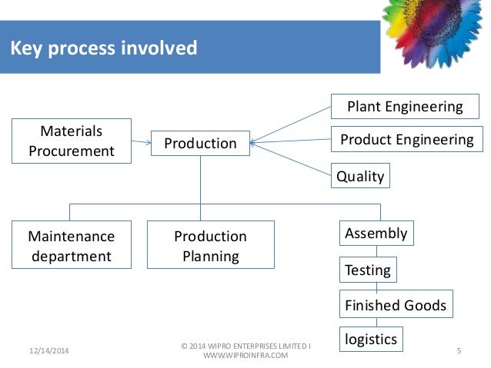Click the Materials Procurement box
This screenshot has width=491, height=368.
[71, 141]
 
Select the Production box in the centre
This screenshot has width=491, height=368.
[200, 143]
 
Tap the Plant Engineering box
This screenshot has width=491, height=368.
[405, 106]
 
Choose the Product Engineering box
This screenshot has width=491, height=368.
[406, 139]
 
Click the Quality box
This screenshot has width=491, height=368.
[360, 176]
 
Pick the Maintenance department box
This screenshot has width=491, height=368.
[71, 245]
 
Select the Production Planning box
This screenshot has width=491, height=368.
[210, 245]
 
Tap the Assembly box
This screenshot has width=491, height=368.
[376, 232]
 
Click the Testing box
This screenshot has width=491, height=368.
[368, 270]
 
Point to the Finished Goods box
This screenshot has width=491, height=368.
[396, 304]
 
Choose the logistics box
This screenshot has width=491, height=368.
[371, 338]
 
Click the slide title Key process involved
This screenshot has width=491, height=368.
[103, 49]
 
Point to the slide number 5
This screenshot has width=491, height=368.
[459, 350]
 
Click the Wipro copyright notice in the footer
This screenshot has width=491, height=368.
[245, 350]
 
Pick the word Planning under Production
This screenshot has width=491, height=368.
[210, 255]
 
